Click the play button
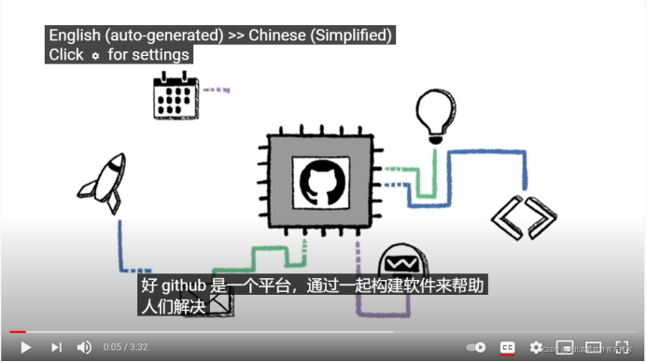[25, 347]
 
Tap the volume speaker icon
[84, 347]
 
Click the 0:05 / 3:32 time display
[126, 347]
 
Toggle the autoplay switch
[476, 347]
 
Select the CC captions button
[507, 347]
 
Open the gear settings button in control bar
[536, 347]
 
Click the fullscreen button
[623, 347]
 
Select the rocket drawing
[104, 182]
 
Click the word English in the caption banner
[75, 35]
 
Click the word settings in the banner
[162, 55]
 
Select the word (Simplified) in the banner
[357, 35]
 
